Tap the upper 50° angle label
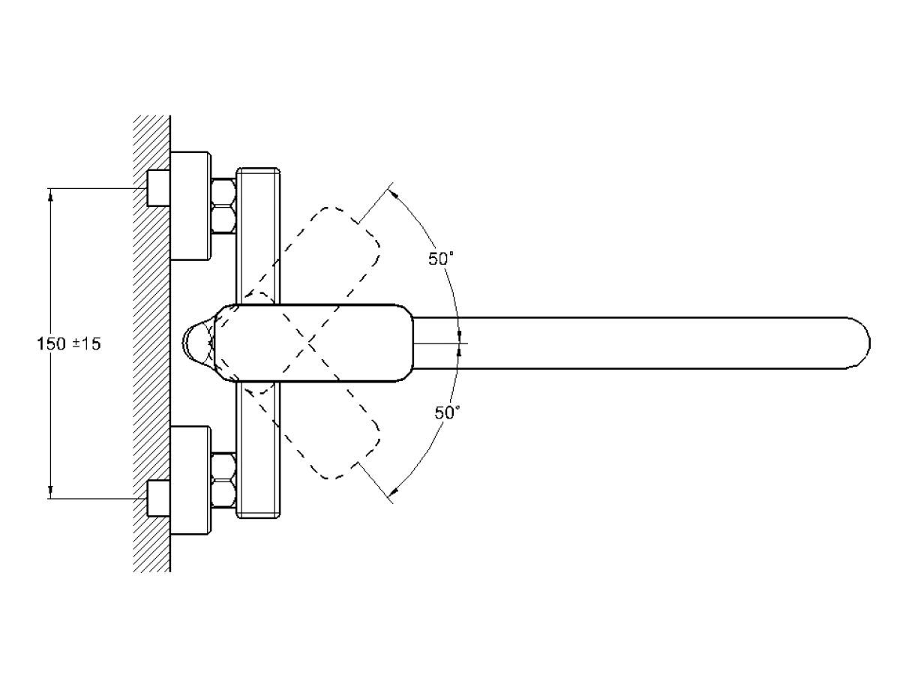tap(442, 259)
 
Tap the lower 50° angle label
tap(448, 412)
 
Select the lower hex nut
tap(223, 480)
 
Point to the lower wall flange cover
tap(190, 480)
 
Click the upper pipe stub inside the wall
tap(156, 187)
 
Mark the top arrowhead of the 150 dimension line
tap(51, 193)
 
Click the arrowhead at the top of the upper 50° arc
tap(395, 193)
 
